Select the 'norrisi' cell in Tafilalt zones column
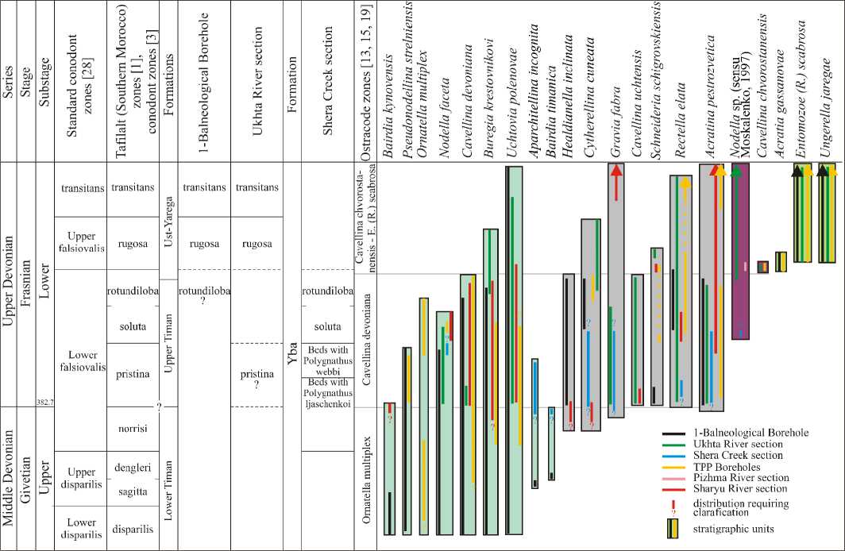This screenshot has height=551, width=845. click(133, 428)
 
